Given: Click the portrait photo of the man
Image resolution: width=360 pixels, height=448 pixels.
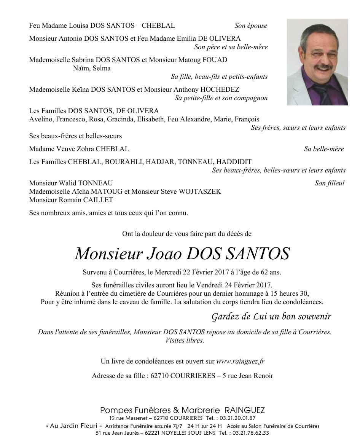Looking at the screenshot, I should [317, 62].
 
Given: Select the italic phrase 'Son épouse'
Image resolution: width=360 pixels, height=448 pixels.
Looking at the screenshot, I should [251, 26].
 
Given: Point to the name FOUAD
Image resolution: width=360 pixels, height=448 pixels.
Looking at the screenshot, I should [216, 60].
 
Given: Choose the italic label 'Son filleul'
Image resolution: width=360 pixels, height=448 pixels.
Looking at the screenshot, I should [330, 183].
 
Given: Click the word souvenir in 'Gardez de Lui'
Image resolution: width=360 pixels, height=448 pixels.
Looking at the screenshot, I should [312, 316].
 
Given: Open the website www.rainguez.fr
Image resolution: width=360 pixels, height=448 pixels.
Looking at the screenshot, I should [241, 361].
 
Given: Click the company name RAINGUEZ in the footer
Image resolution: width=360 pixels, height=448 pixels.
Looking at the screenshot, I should [245, 410].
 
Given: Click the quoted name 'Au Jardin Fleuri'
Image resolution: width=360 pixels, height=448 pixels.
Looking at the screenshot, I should [73, 426].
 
